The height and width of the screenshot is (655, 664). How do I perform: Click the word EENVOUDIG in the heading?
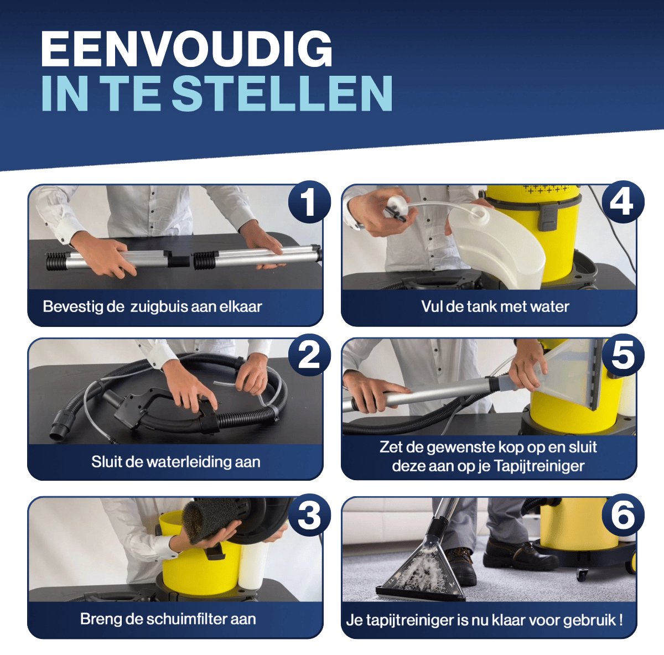[x=186, y=49]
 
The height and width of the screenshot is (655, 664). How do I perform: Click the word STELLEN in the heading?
[x=282, y=93]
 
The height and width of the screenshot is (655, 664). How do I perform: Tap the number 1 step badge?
[x=309, y=202]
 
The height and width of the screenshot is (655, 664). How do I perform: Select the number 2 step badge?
[x=309, y=356]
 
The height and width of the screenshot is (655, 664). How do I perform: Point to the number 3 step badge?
[x=309, y=514]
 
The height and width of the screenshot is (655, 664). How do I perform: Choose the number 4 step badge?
[x=623, y=202]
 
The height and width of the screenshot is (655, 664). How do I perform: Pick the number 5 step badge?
[x=623, y=356]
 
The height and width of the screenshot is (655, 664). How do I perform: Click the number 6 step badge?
[x=623, y=514]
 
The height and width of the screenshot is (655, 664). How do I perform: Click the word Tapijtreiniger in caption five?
[x=539, y=466]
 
